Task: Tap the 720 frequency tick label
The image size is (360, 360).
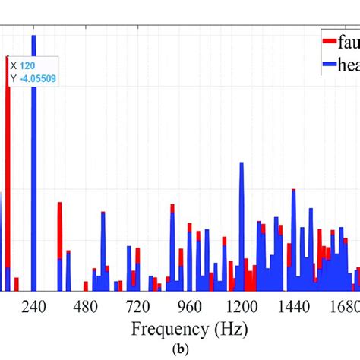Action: pos(137,306)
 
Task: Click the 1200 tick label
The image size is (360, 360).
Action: pos(242,306)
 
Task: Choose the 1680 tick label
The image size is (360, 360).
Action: pos(343,306)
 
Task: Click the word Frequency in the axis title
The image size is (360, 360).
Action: pos(164,330)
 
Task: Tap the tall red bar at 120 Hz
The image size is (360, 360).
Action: pos(8,152)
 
